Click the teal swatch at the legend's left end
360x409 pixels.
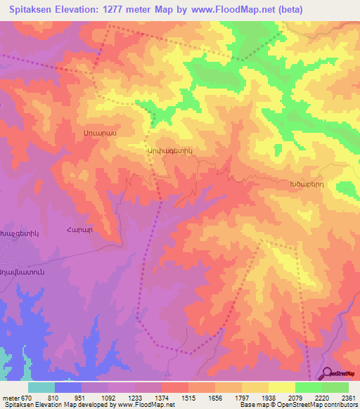(41, 387)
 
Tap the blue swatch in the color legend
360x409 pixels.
(68, 387)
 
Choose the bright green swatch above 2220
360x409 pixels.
(309, 387)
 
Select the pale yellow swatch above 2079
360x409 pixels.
(282, 387)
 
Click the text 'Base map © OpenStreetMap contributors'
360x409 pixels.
(298, 405)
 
